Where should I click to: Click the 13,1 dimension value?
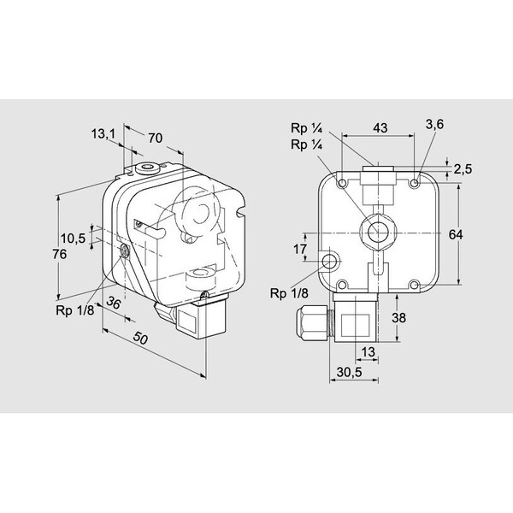point(103,133)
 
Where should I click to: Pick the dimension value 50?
point(141,339)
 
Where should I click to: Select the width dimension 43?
point(380,128)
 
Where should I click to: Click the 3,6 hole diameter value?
point(434,124)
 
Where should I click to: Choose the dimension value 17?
point(299,249)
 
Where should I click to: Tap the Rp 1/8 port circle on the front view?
point(330,260)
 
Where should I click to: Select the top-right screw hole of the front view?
point(415,184)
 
